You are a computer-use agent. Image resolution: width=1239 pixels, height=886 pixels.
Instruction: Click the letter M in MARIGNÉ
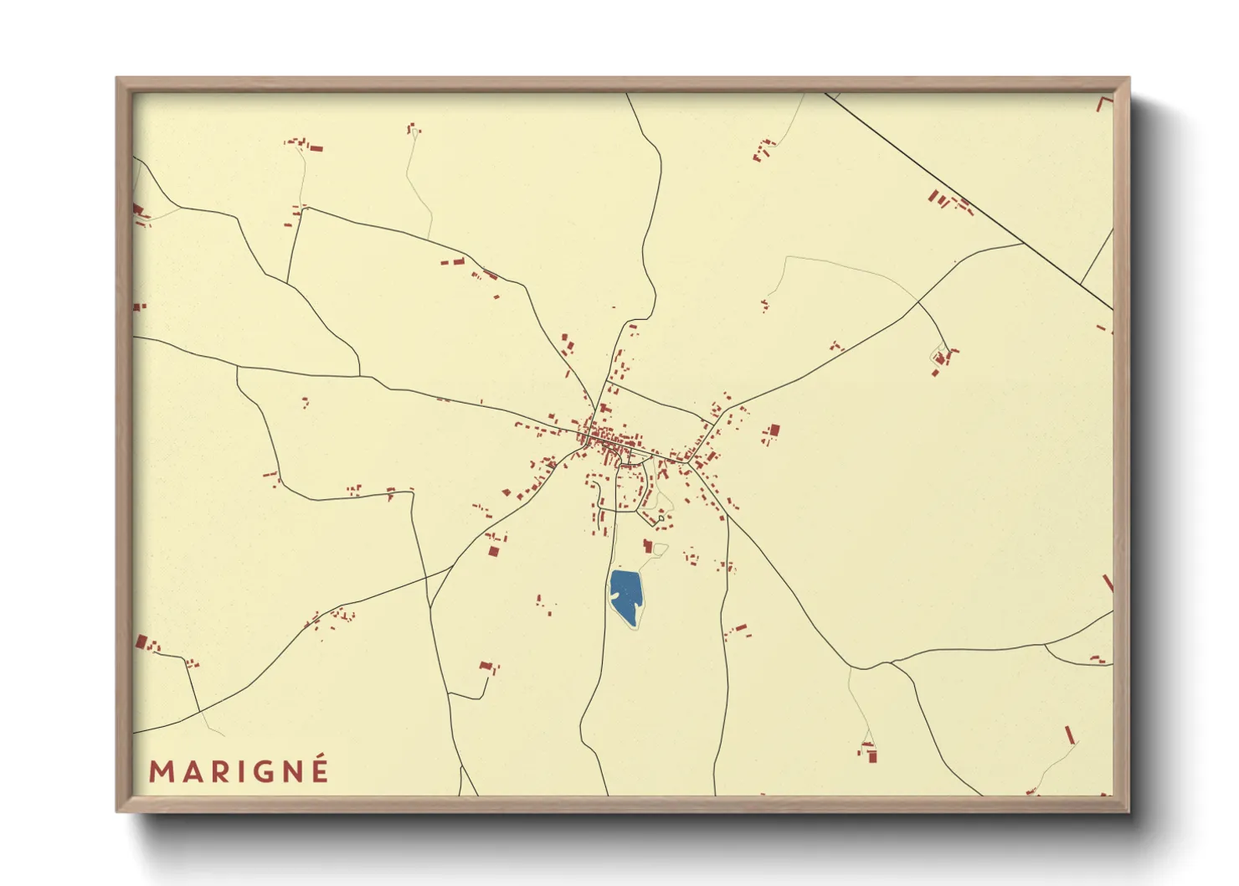(162, 771)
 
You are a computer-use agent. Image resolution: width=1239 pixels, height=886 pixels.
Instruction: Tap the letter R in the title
(219, 771)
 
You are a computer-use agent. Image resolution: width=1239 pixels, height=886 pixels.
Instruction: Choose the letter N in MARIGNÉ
(292, 771)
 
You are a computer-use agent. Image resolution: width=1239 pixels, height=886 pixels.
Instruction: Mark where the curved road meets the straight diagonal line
(1023, 244)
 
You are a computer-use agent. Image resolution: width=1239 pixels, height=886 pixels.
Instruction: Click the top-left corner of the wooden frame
(118, 80)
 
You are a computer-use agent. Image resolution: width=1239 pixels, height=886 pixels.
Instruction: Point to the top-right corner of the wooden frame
(1127, 80)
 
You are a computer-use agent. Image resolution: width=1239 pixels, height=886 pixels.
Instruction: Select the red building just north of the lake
(647, 546)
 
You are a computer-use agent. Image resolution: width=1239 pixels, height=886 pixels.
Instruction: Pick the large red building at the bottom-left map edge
(141, 642)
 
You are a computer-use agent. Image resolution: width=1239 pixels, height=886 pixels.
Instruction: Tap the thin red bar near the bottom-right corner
(1069, 735)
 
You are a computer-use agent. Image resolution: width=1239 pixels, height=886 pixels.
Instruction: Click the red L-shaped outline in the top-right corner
(1103, 103)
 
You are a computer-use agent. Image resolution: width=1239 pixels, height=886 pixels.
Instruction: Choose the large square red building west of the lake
(493, 550)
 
